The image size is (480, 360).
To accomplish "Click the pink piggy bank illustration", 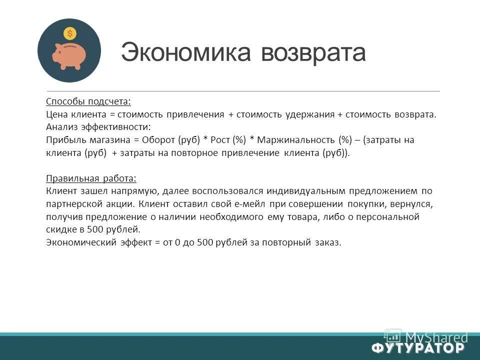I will [69, 55].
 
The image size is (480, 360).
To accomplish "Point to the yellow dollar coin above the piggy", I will [69, 34].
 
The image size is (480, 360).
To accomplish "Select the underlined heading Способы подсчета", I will [88, 101].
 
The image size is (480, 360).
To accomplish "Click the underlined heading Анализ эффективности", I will [98, 127].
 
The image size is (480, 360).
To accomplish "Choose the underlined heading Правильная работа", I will [91, 178].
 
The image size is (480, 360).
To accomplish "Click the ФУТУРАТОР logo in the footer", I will [418, 347].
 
